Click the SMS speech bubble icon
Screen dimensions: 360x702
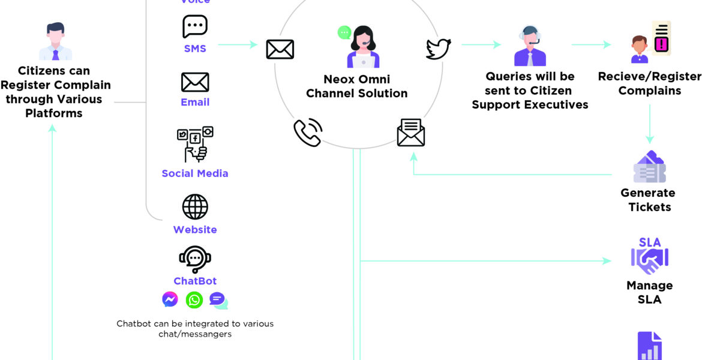click(195, 27)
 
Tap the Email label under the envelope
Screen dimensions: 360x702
click(195, 102)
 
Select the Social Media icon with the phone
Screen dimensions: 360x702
click(195, 144)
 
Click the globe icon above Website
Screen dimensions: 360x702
click(195, 207)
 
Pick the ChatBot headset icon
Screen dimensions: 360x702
click(195, 259)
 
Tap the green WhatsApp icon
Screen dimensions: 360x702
click(194, 299)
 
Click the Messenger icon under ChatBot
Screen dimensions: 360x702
click(170, 299)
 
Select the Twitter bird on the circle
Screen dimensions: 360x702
click(438, 49)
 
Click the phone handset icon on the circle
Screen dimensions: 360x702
click(308, 133)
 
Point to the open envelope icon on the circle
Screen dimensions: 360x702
click(411, 133)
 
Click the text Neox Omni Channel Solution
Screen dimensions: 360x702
click(357, 86)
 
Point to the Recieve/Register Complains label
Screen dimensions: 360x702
click(650, 83)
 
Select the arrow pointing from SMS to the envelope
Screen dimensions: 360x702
click(238, 44)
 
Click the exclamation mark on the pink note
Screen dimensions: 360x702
click(662, 44)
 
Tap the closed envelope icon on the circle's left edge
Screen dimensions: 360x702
click(280, 49)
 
